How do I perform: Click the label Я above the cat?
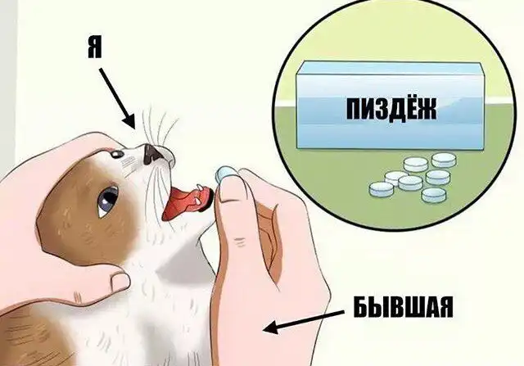click(95, 49)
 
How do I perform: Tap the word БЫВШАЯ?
click(404, 308)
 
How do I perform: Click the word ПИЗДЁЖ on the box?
click(391, 109)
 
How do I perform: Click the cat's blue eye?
click(108, 200)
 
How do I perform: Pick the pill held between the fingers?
click(226, 174)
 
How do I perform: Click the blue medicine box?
click(391, 106)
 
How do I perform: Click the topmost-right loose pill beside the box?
click(444, 160)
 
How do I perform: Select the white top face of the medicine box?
click(391, 68)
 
